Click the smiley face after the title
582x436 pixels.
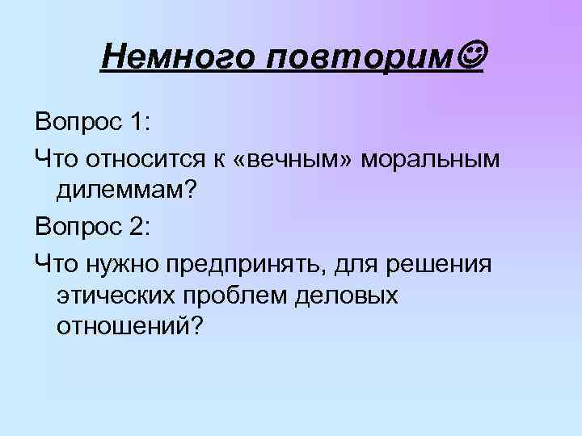tap(470, 56)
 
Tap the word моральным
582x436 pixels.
tap(431, 159)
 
